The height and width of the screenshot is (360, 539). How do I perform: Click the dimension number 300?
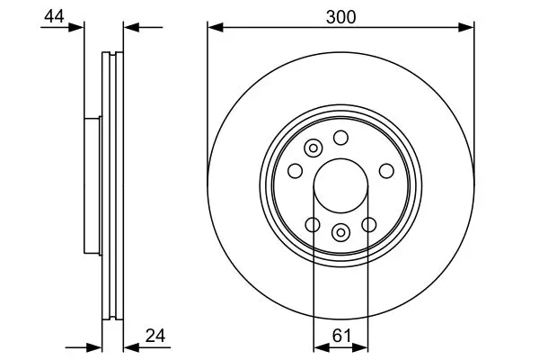coord(340,17)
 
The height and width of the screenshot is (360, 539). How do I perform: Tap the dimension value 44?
coord(54,16)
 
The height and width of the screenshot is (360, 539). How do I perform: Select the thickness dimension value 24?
coord(155,336)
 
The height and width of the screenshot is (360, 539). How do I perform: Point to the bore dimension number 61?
coord(341,336)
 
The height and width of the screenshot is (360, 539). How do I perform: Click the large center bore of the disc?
coord(340,185)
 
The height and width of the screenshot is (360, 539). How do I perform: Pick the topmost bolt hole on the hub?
coord(340,138)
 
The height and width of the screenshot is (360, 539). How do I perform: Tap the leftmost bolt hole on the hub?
coord(295,171)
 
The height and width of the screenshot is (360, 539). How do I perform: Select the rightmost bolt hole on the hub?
coord(386,171)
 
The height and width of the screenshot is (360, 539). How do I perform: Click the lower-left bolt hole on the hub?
coord(313,225)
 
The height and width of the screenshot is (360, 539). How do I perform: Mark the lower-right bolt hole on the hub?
coord(369,225)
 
